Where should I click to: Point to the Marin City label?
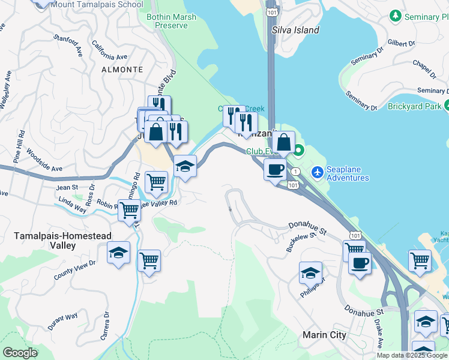coord(325,335)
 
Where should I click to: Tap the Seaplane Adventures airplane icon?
coord(318,173)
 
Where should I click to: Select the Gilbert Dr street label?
coord(402,44)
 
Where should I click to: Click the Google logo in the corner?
coord(20,353)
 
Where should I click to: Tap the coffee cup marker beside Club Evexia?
coord(275,170)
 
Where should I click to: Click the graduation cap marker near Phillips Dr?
coord(310,272)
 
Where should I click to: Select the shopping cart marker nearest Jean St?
coord(156,181)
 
